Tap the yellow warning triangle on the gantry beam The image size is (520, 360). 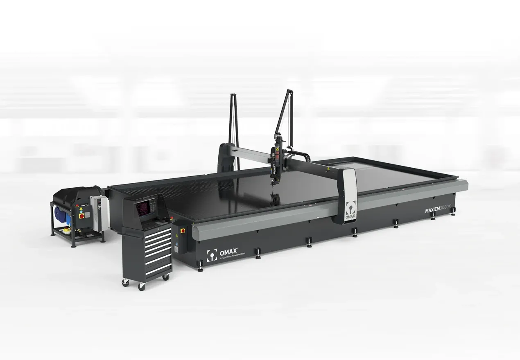[x=328, y=168]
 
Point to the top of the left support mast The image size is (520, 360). [x=232, y=95]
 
